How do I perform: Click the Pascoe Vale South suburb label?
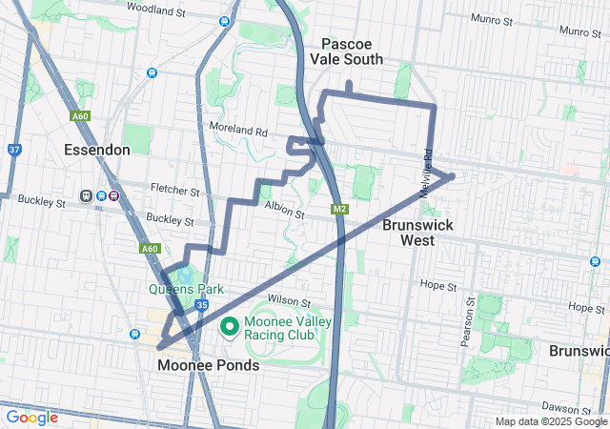pyautogui.click(x=352, y=51)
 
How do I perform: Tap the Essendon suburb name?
pyautogui.click(x=96, y=150)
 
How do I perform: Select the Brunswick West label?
pyautogui.click(x=417, y=233)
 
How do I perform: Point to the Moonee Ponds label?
pyautogui.click(x=208, y=365)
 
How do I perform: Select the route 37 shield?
pyautogui.click(x=13, y=150)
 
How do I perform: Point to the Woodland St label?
pyautogui.click(x=155, y=10)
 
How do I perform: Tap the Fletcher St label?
pyautogui.click(x=174, y=192)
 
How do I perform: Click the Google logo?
pyautogui.click(x=32, y=418)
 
